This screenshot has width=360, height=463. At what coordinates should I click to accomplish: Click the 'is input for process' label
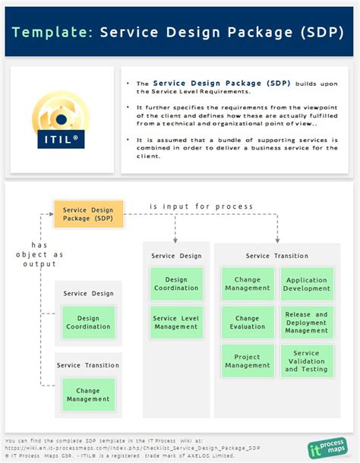click(x=201, y=206)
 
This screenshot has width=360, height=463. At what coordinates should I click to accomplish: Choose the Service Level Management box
click(x=175, y=323)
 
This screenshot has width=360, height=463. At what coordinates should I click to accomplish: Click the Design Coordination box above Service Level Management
click(x=175, y=284)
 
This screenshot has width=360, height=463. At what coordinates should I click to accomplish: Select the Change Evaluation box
click(x=248, y=323)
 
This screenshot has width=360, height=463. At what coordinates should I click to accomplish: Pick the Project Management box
click(x=248, y=361)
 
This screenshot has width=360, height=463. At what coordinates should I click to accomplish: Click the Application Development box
click(x=307, y=284)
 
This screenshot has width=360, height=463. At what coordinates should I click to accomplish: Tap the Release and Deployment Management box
click(x=307, y=323)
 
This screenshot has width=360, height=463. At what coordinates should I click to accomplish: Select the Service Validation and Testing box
click(x=307, y=361)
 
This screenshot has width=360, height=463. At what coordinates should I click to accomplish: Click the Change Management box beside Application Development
click(x=248, y=284)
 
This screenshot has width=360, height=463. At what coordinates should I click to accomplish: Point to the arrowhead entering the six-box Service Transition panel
click(x=277, y=240)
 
